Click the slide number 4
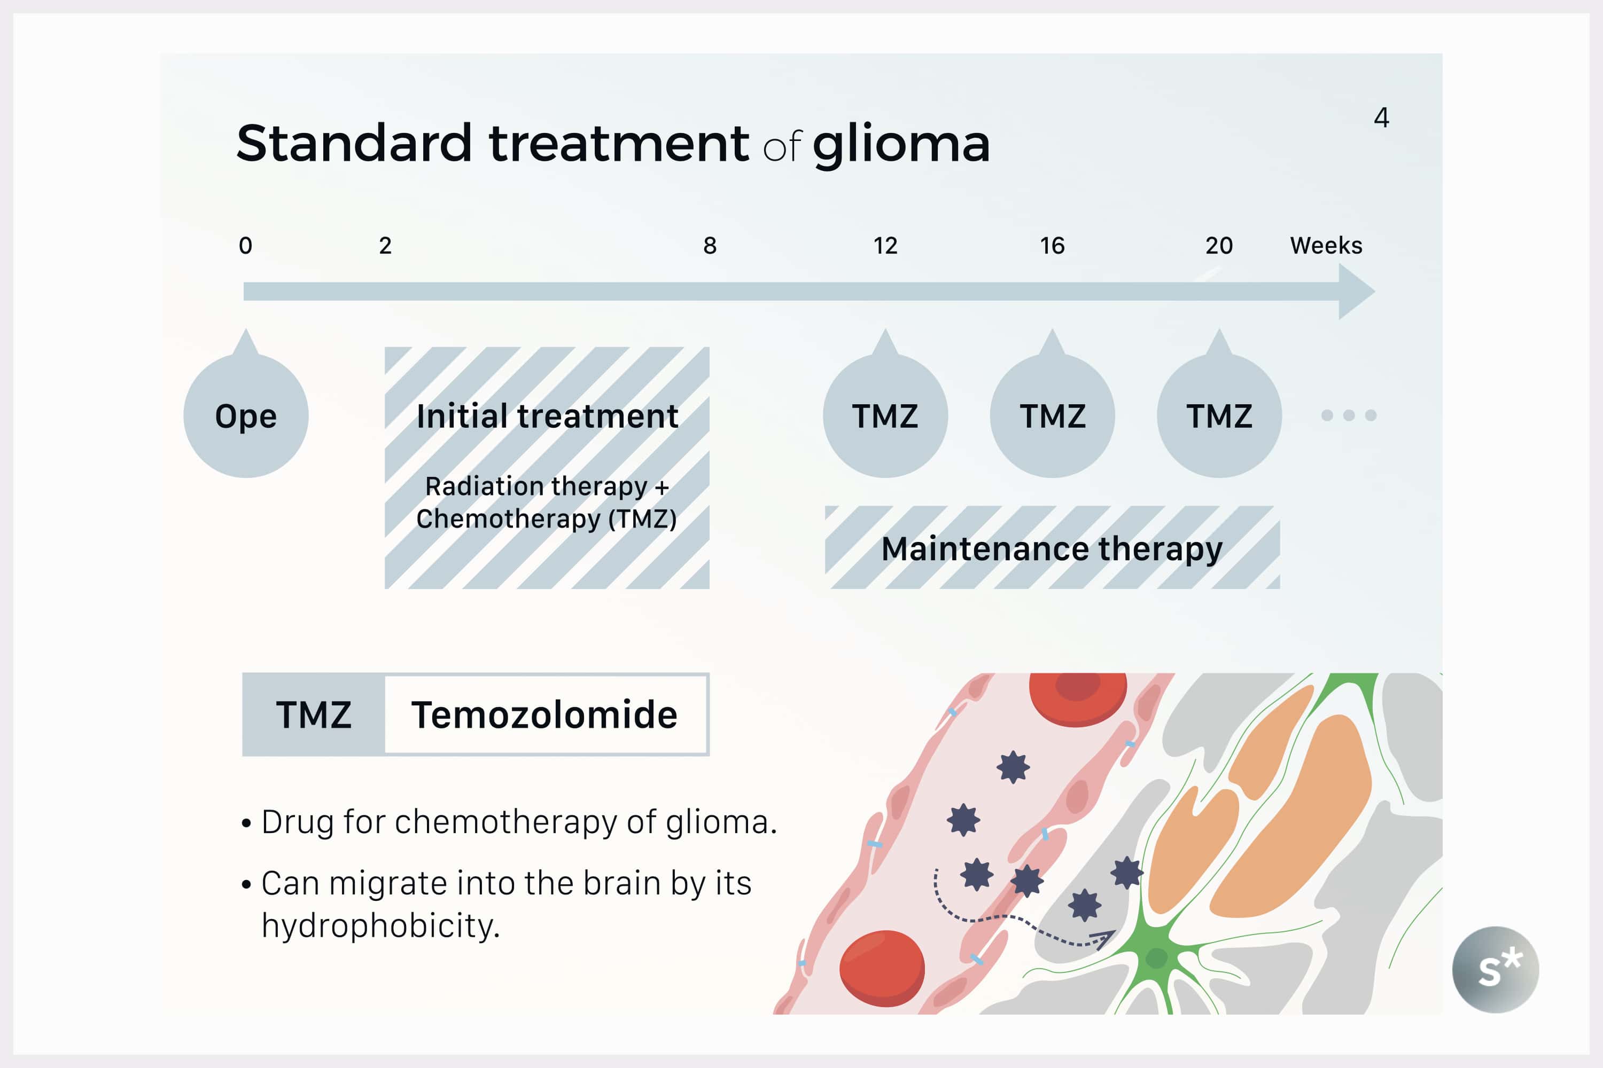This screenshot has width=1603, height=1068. tap(1381, 118)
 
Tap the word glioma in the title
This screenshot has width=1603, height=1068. tap(901, 144)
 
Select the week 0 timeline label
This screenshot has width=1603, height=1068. tap(245, 245)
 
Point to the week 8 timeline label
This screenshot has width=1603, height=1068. tap(710, 245)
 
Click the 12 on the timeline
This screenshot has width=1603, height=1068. tap(885, 245)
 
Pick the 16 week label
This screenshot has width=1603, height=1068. tap(1052, 245)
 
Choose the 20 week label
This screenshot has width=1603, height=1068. tap(1219, 245)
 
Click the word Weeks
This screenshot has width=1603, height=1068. tap(1326, 245)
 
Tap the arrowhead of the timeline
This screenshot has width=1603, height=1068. tap(1355, 292)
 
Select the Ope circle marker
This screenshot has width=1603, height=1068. tap(246, 415)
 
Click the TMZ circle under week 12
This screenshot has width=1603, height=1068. tap(885, 415)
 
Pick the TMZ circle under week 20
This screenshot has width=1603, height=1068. tap(1219, 415)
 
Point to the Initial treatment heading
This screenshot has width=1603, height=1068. tap(547, 416)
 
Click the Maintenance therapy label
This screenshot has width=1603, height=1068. tap(1052, 549)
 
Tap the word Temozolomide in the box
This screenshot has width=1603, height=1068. tap(544, 715)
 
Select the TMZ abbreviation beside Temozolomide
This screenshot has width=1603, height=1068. tap(314, 715)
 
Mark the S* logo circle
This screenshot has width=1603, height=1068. tap(1495, 969)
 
